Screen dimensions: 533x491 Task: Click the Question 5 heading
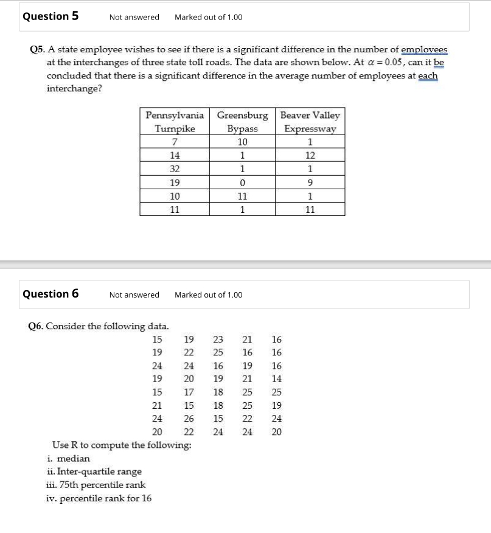point(50,16)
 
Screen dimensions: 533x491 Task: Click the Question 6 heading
point(50,294)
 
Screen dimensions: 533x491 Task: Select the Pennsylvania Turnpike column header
point(175,122)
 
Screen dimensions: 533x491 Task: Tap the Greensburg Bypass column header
point(242,122)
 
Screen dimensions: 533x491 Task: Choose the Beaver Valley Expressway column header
point(310,122)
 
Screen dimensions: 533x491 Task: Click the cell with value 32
point(175,169)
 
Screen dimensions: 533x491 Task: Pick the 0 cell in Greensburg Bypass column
point(242,183)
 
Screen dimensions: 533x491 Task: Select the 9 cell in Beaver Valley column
point(310,183)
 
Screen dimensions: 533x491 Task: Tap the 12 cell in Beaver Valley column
point(310,155)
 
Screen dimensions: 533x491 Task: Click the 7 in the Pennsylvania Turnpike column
point(175,142)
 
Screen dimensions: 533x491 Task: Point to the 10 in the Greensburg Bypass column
point(242,142)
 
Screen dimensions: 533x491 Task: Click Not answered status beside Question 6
point(134,295)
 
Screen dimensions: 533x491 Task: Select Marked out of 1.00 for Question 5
point(208,17)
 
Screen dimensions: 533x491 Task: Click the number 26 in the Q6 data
point(189,419)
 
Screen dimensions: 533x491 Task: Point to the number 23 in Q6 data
point(218,340)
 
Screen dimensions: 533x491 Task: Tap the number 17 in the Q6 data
point(189,392)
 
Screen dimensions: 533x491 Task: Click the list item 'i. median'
point(68,458)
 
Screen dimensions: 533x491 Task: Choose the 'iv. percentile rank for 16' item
point(99,498)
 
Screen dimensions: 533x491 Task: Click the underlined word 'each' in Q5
point(428,76)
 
